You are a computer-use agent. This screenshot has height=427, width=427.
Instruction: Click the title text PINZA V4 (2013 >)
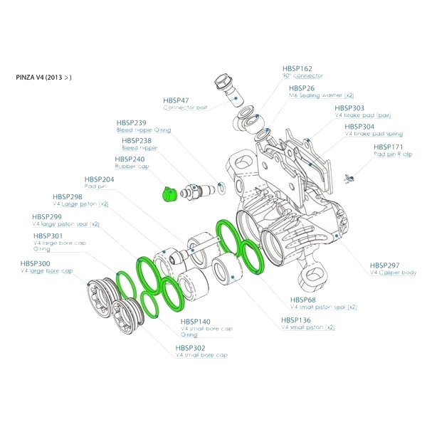pyautogui.click(x=43, y=77)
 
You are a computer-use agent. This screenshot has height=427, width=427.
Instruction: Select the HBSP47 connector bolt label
pyautogui.click(x=176, y=101)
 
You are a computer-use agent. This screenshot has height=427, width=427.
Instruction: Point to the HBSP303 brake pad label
pyautogui.click(x=350, y=108)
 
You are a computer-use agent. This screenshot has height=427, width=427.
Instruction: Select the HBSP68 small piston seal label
pyautogui.click(x=304, y=300)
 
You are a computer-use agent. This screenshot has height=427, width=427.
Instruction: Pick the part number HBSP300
pyautogui.click(x=36, y=263)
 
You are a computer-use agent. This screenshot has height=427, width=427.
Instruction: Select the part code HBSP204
pyautogui.click(x=99, y=179)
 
